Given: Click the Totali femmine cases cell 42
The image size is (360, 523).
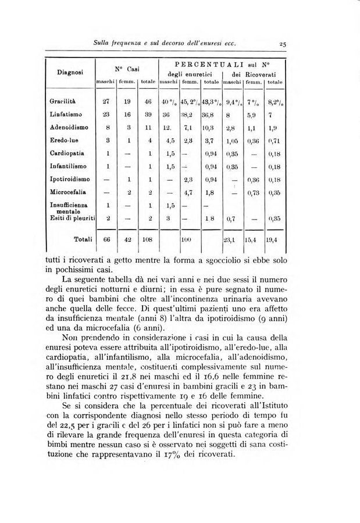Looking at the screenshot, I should (127, 239).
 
